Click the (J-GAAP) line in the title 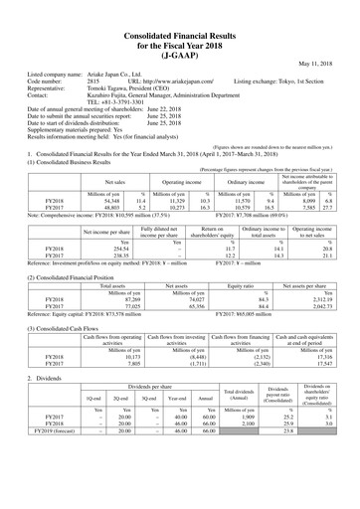point(180,42)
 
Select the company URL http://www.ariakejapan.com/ point(159,81)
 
